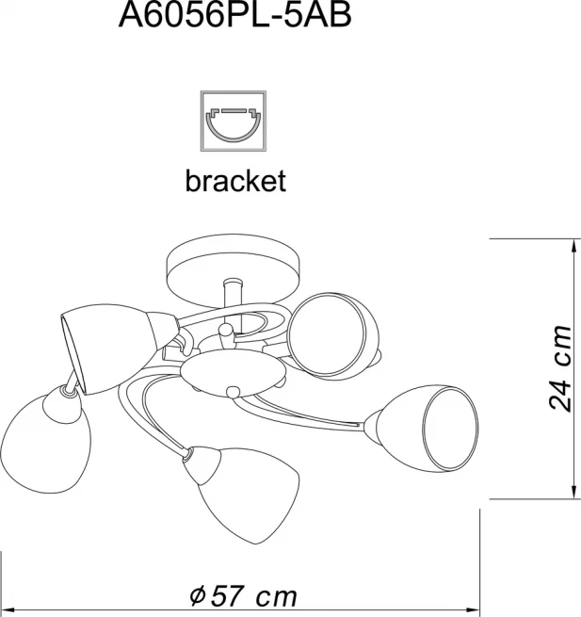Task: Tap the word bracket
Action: [235, 181]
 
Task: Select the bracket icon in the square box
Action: [234, 121]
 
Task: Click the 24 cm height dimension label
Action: [559, 368]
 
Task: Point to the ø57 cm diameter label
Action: [244, 596]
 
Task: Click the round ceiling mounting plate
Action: [234, 269]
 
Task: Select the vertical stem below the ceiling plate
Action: [233, 293]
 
